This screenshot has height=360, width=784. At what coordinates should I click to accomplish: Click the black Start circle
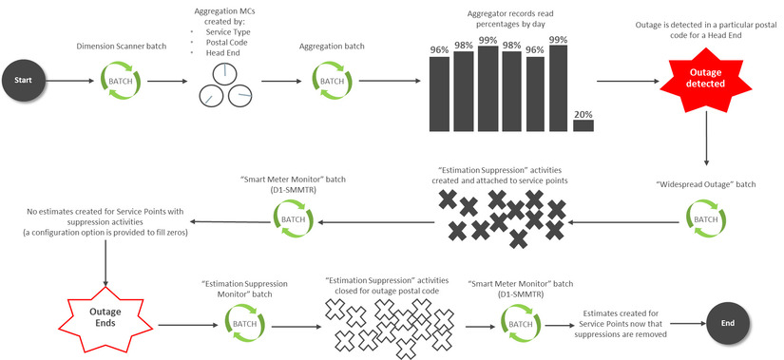coord(23,83)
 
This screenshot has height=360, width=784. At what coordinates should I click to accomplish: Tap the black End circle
coord(728,323)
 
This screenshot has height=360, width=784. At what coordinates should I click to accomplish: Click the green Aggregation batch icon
coord(332,82)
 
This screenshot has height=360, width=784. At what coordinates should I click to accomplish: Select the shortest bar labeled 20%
coord(583,124)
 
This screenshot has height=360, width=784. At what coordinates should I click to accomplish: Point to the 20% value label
coord(583,113)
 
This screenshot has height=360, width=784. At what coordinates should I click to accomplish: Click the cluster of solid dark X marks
coord(503,218)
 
